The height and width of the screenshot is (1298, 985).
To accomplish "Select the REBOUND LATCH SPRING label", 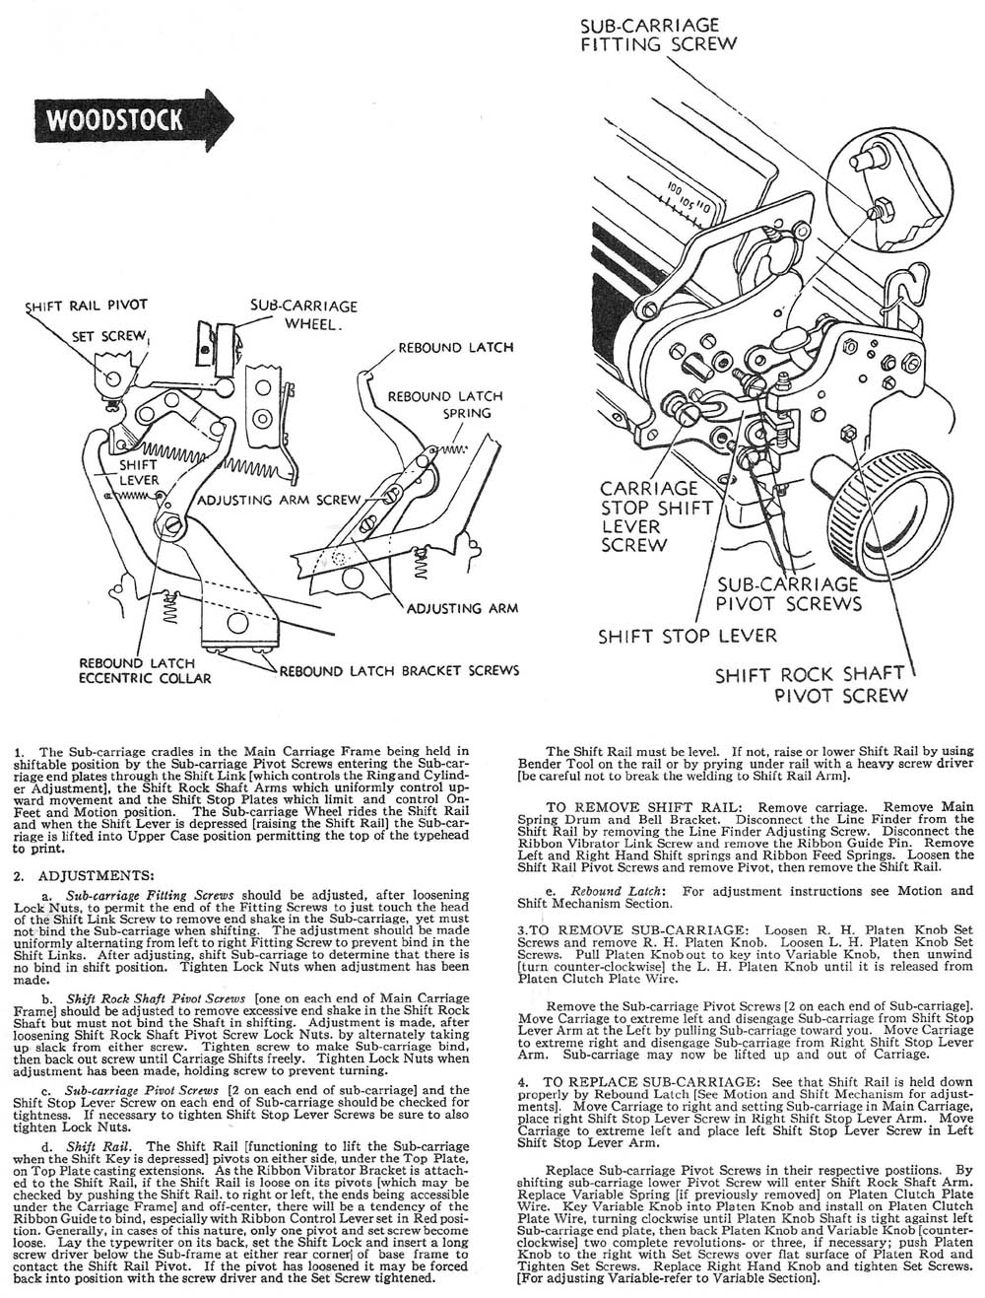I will [x=444, y=404].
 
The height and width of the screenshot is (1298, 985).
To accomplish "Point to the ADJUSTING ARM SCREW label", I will [x=280, y=500].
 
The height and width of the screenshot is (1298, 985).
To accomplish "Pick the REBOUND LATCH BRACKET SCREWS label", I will [x=399, y=671].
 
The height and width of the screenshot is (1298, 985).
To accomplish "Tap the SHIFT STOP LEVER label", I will [x=688, y=636].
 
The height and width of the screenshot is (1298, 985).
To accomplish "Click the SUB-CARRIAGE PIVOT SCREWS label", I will [x=789, y=593].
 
